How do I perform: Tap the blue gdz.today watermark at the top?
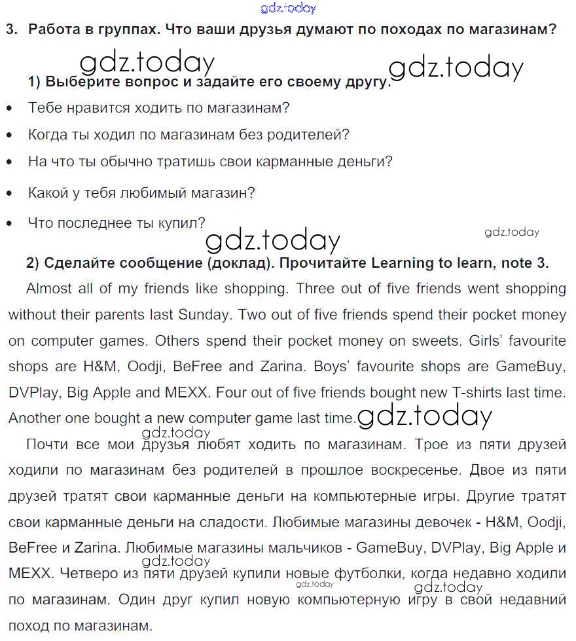pyautogui.click(x=288, y=9)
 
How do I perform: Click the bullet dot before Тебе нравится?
pyautogui.click(x=9, y=109)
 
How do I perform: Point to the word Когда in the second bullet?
pyautogui.click(x=47, y=135)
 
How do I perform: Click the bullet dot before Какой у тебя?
pyautogui.click(x=9, y=194)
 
